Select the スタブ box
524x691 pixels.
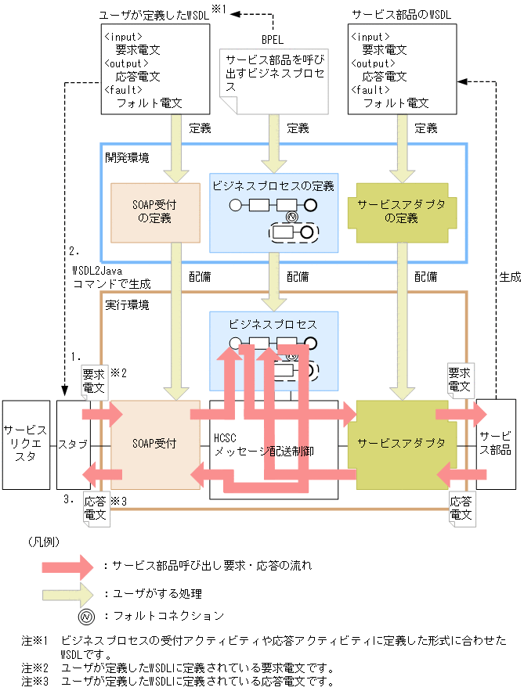pyautogui.click(x=73, y=444)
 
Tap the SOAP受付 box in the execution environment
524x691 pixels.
pyautogui.click(x=154, y=444)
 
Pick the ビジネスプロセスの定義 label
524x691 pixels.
pyautogui.click(x=273, y=186)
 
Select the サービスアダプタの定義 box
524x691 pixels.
pyautogui.click(x=401, y=211)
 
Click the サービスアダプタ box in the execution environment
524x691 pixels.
pyautogui.click(x=401, y=444)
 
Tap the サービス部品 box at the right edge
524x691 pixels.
pyautogui.click(x=496, y=444)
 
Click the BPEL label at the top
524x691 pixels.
pyautogui.click(x=273, y=38)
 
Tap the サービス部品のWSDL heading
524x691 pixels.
pyautogui.click(x=402, y=15)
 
